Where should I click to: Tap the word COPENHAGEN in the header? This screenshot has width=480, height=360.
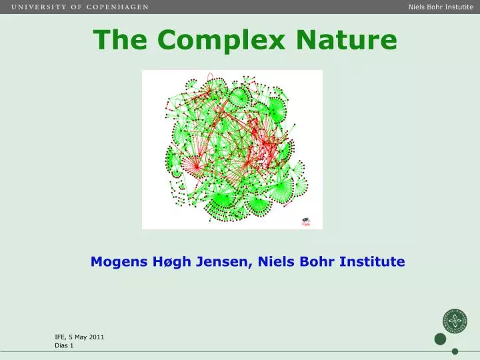pyautogui.click(x=117, y=7)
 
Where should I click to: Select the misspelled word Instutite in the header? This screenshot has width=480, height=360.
pyautogui.click(x=459, y=7)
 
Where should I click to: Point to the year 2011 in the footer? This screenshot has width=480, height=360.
pyautogui.click(x=97, y=337)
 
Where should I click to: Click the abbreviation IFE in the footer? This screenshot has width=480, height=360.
pyautogui.click(x=60, y=337)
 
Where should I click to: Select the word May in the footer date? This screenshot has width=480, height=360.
pyautogui.click(x=80, y=337)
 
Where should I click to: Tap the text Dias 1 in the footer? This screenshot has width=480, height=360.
pyautogui.click(x=64, y=346)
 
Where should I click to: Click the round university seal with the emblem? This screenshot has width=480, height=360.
pyautogui.click(x=455, y=321)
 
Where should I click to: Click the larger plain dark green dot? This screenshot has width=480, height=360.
pyautogui.click(x=440, y=339)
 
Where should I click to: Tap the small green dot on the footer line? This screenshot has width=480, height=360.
pyautogui.click(x=455, y=351)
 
